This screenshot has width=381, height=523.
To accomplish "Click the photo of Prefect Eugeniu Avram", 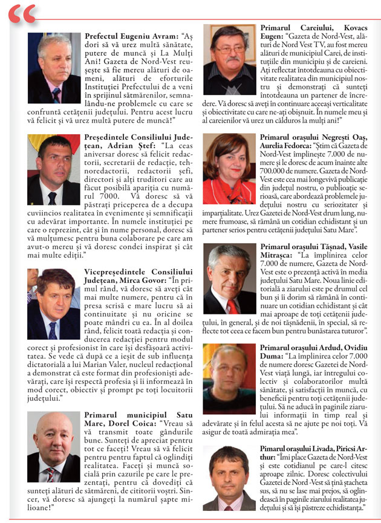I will pos(54,68).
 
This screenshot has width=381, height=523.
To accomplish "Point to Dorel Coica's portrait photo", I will pos(54,447).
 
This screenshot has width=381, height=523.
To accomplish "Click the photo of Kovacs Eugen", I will pos(229,59).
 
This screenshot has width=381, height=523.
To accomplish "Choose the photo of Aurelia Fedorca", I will pos(229,169).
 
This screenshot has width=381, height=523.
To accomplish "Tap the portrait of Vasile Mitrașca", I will pos(229,279).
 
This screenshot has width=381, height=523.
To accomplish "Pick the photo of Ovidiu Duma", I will pos(229,378).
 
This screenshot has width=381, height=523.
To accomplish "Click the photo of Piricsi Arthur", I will pos(229,478).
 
